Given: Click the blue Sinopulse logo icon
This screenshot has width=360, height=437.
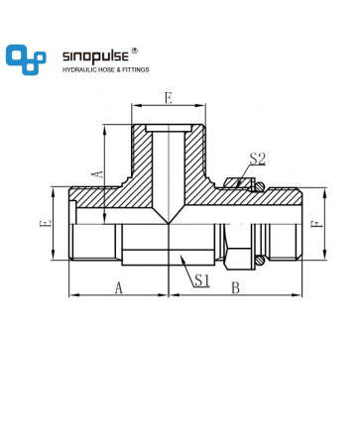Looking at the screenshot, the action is click(26, 59).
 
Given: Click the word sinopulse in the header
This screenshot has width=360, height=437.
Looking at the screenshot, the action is click(95, 56).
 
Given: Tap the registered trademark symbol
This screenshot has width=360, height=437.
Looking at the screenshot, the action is click(134, 51).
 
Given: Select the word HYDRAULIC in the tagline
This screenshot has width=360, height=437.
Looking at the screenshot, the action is click(78, 69).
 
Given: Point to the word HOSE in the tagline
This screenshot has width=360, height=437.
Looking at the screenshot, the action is click(103, 69).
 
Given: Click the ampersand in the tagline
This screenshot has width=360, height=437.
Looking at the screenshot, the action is click(114, 69).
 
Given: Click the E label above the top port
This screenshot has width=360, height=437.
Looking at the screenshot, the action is click(169, 98).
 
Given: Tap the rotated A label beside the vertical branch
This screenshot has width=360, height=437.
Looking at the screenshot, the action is click(99, 174).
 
